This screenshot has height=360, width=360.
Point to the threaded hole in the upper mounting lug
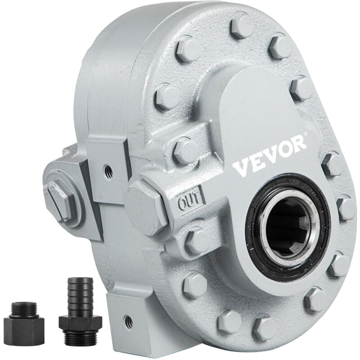pyautogui.click(x=107, y=170)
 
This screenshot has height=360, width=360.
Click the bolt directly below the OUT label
pyautogui.click(x=197, y=240)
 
